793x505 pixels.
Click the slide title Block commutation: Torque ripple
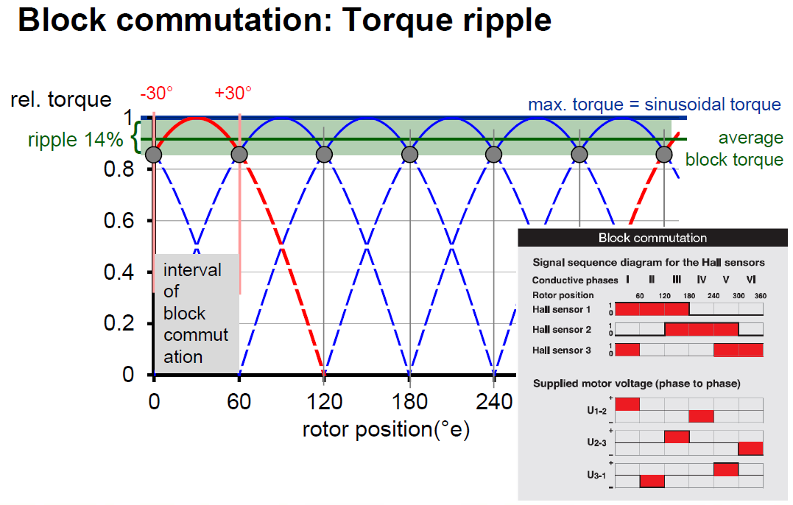pyautogui.click(x=284, y=20)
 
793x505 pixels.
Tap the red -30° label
pyautogui.click(x=157, y=93)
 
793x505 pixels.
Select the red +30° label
pyautogui.click(x=233, y=93)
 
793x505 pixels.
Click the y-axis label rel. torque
pyautogui.click(x=61, y=99)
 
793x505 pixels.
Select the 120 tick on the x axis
pyautogui.click(x=325, y=402)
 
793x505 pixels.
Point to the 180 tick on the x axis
pyautogui.click(x=410, y=402)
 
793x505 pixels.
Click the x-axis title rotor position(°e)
pyautogui.click(x=386, y=429)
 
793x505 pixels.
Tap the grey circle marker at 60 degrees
pyautogui.click(x=239, y=155)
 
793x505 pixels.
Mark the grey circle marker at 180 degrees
pyautogui.click(x=410, y=155)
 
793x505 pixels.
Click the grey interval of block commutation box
pyautogui.click(x=196, y=313)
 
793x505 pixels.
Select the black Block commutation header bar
pyautogui.click(x=652, y=238)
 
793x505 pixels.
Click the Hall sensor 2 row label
pyautogui.click(x=562, y=329)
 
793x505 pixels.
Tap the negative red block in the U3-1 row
pyautogui.click(x=652, y=481)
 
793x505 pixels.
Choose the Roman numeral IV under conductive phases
pyautogui.click(x=701, y=280)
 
